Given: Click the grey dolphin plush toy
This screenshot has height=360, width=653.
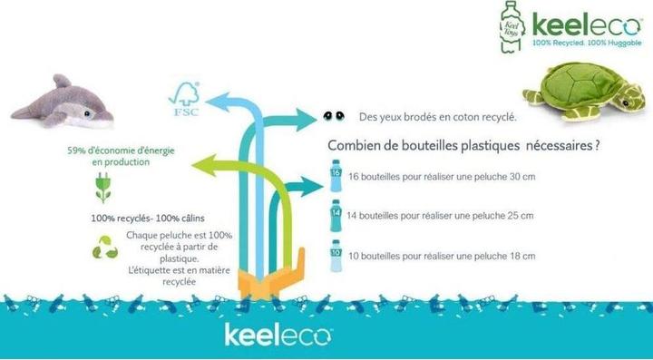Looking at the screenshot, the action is pyautogui.click(x=63, y=103).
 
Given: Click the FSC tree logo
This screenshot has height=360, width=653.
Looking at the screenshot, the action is pyautogui.click(x=184, y=99).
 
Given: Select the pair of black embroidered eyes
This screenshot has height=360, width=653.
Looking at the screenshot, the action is pyautogui.click(x=334, y=116).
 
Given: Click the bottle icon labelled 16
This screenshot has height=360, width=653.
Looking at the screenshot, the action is pyautogui.click(x=336, y=175).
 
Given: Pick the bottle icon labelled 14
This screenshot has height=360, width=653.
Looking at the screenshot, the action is pyautogui.click(x=336, y=215).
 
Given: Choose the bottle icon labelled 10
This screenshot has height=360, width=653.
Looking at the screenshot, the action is pyautogui.click(x=336, y=256).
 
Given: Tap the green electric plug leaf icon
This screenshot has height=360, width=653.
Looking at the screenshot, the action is pyautogui.click(x=102, y=188).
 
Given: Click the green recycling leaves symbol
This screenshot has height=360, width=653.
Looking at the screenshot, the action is pyautogui.click(x=105, y=248).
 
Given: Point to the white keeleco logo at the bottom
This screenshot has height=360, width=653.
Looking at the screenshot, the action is pyautogui.click(x=278, y=335).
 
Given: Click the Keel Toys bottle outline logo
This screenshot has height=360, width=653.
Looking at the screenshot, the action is pyautogui.click(x=512, y=27).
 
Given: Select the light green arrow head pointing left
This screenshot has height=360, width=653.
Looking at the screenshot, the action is pyautogui.click(x=204, y=165).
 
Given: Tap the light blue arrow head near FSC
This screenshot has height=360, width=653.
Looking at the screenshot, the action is pyautogui.click(x=219, y=102).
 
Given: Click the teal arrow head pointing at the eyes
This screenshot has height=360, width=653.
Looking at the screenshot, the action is pyautogui.click(x=307, y=120).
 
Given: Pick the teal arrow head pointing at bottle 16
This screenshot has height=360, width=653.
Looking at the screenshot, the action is pyautogui.click(x=312, y=187).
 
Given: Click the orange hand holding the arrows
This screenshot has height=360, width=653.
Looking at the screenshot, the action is pyautogui.click(x=271, y=277).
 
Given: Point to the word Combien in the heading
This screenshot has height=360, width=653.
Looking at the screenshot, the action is pyautogui.click(x=348, y=145).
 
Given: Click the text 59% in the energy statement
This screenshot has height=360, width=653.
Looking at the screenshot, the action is pyautogui.click(x=76, y=151).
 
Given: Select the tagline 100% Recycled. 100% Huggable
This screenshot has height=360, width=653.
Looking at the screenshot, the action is pyautogui.click(x=587, y=43).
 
